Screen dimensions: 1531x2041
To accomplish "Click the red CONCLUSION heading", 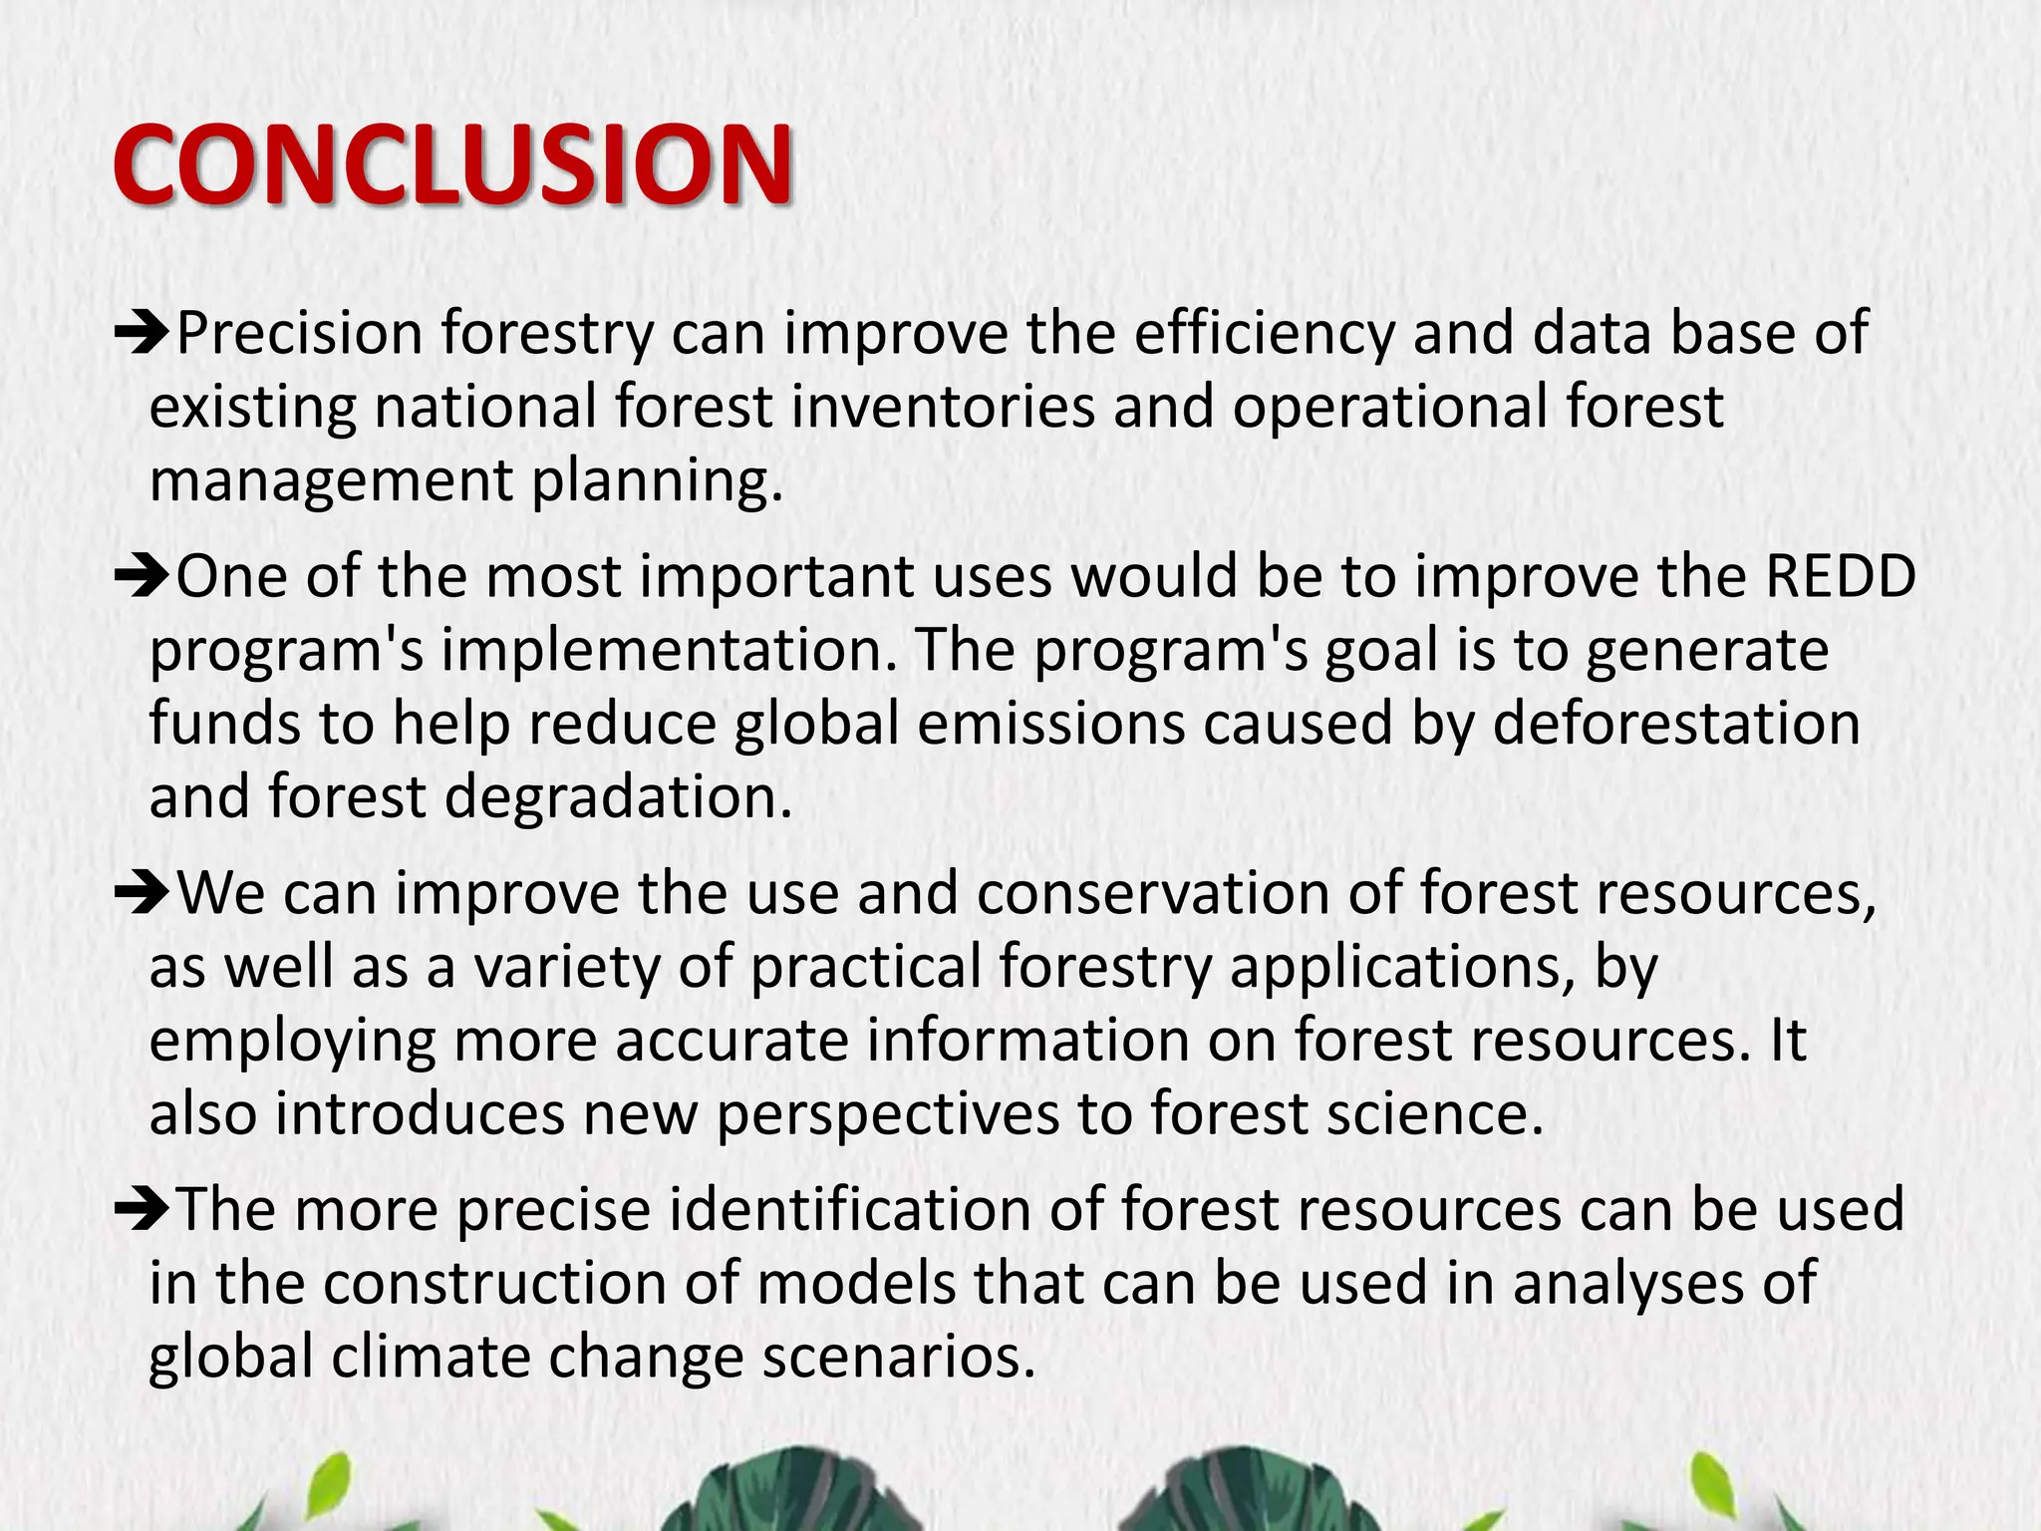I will tap(453, 164).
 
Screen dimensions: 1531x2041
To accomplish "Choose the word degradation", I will tap(618, 797).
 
